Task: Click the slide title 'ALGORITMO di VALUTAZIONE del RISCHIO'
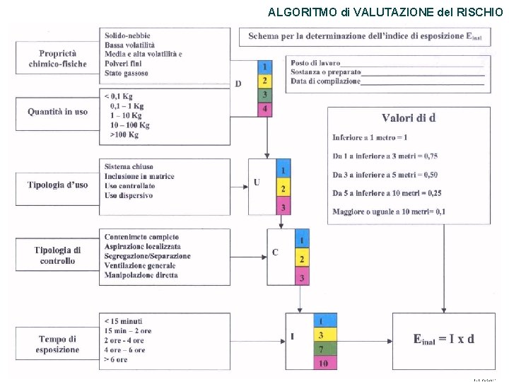(385, 11)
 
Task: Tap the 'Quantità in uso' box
(58, 112)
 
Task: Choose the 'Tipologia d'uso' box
(58, 185)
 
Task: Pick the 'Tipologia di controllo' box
(58, 255)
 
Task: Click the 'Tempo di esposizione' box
(58, 345)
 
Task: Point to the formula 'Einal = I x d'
(443, 339)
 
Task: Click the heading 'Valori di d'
(409, 118)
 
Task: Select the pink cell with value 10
(322, 364)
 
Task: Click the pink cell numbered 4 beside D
(264, 109)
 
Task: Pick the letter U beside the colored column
(257, 183)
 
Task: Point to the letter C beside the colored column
(275, 253)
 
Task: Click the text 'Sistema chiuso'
(129, 167)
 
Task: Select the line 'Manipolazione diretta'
(141, 275)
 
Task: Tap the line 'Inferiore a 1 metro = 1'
(370, 137)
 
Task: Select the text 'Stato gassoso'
(127, 73)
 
